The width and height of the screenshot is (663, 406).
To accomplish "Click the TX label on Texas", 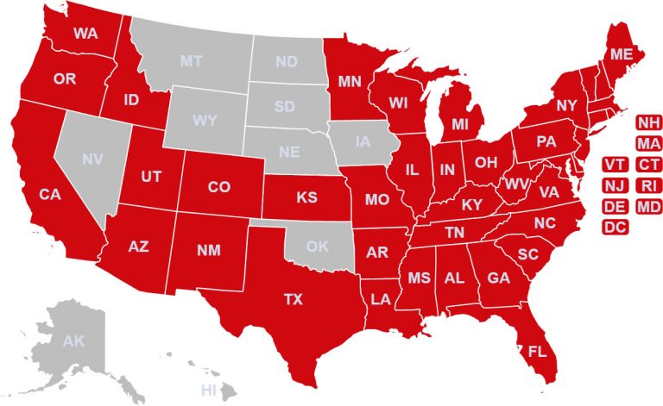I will pyautogui.click(x=294, y=300).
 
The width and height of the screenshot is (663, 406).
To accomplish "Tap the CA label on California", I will pyautogui.click(x=50, y=195).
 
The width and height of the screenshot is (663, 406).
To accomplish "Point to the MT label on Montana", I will pyautogui.click(x=191, y=61).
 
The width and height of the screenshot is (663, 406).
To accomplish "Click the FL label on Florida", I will pyautogui.click(x=538, y=352).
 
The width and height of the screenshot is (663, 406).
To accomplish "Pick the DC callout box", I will pyautogui.click(x=615, y=228).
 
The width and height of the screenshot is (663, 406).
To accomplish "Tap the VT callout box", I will pyautogui.click(x=615, y=164).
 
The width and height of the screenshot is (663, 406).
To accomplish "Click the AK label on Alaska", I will pyautogui.click(x=73, y=341).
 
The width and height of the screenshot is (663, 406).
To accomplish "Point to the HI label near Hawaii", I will pyautogui.click(x=208, y=390).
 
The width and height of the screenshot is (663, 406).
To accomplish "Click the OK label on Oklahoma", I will pyautogui.click(x=317, y=247).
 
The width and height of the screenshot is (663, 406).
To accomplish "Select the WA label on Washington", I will pyautogui.click(x=85, y=34).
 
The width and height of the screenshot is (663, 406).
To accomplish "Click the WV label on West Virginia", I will pyautogui.click(x=516, y=184).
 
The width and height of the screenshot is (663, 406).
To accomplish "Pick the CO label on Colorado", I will pyautogui.click(x=219, y=186).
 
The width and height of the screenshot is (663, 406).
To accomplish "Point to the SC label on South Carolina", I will pyautogui.click(x=528, y=254).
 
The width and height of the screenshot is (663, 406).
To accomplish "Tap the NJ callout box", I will pyautogui.click(x=615, y=185).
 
